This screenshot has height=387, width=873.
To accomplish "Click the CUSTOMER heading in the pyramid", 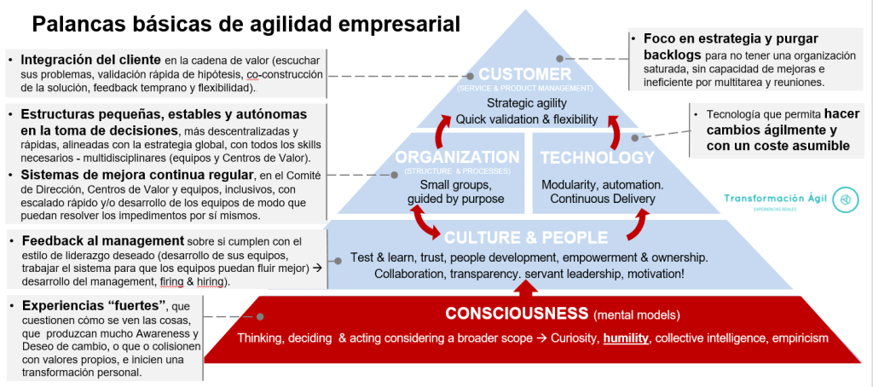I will pyautogui.click(x=524, y=74).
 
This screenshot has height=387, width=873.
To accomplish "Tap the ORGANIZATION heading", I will pyautogui.click(x=456, y=158).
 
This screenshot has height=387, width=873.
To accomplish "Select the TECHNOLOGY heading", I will pyautogui.click(x=597, y=158).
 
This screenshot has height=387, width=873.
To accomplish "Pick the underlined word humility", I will pyautogui.click(x=627, y=338).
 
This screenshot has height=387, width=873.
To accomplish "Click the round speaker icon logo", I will pyautogui.click(x=845, y=199).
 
